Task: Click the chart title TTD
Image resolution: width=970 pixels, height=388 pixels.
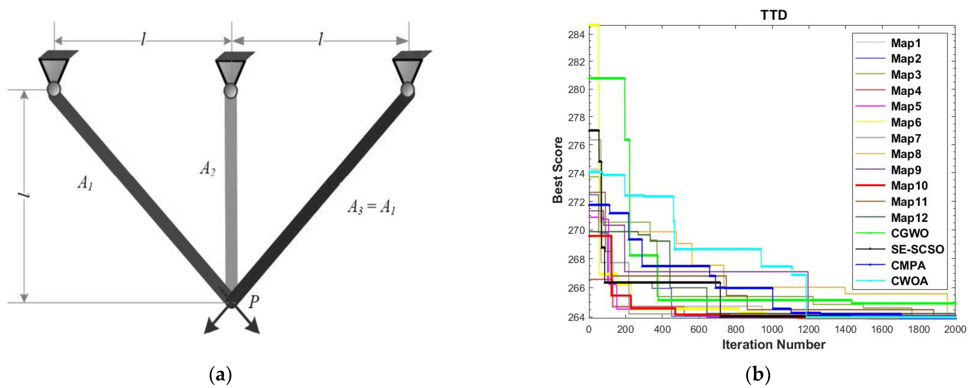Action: point(773,15)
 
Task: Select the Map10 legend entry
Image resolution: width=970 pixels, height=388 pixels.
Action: point(909,186)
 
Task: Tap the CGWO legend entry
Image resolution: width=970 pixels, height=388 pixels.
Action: point(909,233)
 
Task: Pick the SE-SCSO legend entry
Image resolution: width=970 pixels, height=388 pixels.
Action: point(917,249)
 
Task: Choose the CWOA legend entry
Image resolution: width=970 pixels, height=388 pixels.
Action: point(909,281)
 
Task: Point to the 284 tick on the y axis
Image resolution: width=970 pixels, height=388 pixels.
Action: point(576,35)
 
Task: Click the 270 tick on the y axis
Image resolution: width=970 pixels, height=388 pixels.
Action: point(576,230)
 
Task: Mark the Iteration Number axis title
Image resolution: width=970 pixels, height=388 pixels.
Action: point(773,345)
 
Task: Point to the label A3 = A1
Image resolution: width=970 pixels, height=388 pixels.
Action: point(371,207)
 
